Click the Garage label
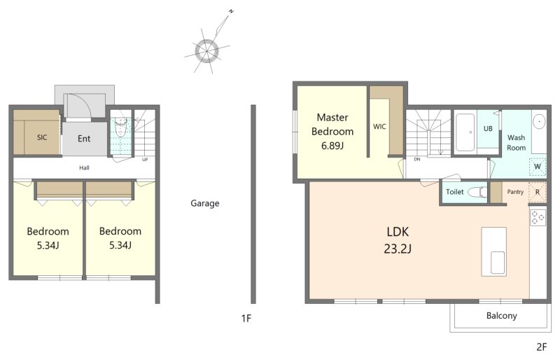204,203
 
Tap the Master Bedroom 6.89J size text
332,146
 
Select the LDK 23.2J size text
398,249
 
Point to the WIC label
379,127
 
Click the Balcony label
501,316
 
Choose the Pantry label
515,192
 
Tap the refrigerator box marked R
537,193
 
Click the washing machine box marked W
538,167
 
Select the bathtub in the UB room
465,132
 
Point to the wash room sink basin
539,122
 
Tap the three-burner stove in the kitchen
538,217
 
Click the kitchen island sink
498,263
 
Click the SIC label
42,137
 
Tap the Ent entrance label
84,139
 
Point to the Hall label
84,167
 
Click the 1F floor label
246,318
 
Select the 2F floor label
541,347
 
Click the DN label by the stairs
417,160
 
